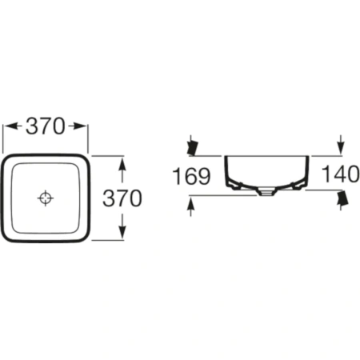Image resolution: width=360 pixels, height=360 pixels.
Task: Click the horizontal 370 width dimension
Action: (46, 126)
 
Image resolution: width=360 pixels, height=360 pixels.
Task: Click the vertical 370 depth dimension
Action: (122, 198)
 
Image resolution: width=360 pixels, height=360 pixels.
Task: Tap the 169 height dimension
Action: (191, 176)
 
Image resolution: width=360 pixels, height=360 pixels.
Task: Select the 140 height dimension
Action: (341, 174)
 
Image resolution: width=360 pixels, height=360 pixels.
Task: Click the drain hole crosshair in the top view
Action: (46, 198)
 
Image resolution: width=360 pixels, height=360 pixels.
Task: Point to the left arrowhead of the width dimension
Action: (10, 126)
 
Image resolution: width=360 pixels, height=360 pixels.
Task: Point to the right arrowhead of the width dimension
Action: (79, 126)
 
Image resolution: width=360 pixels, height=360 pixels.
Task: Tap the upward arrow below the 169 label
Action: (190, 206)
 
